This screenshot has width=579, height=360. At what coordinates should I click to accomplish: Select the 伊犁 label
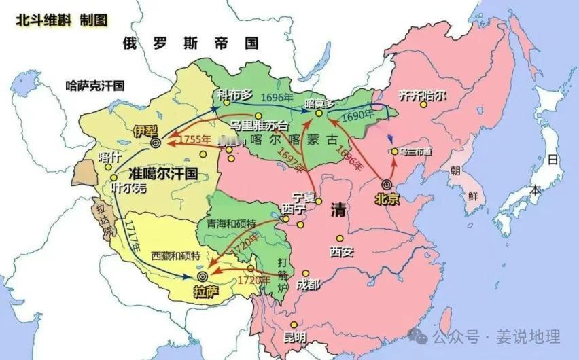[146, 131]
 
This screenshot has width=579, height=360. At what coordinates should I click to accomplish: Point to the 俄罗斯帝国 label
[191, 44]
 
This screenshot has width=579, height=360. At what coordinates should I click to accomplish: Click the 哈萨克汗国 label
[96, 86]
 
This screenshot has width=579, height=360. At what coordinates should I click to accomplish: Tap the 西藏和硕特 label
[176, 256]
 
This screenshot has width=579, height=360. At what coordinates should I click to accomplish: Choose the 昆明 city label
[294, 337]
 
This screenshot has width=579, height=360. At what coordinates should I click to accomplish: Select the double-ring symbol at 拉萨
[202, 276]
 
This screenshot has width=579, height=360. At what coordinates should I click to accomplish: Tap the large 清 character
[337, 209]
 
